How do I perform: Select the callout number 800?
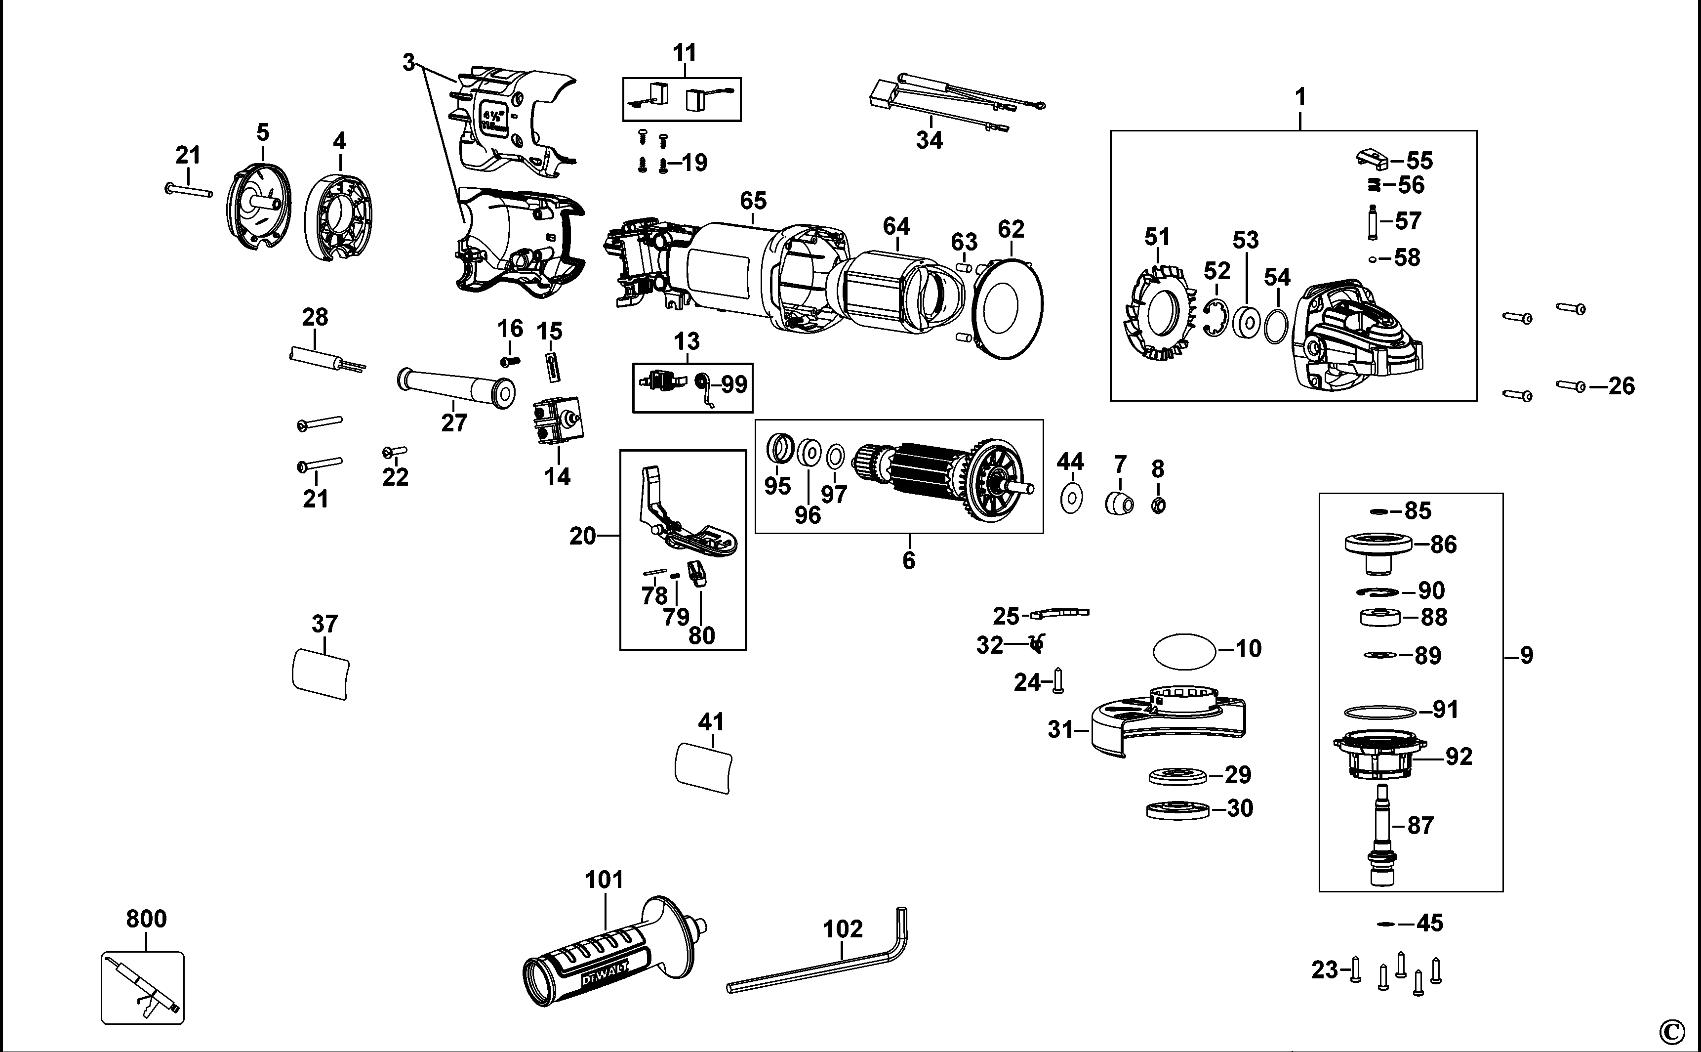(x=146, y=919)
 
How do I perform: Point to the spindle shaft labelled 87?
(x=1381, y=835)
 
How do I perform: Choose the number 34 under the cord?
(x=929, y=140)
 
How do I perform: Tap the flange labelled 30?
(x=1177, y=810)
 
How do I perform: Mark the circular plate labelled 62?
(x=1009, y=308)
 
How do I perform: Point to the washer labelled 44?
(x=1072, y=498)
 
